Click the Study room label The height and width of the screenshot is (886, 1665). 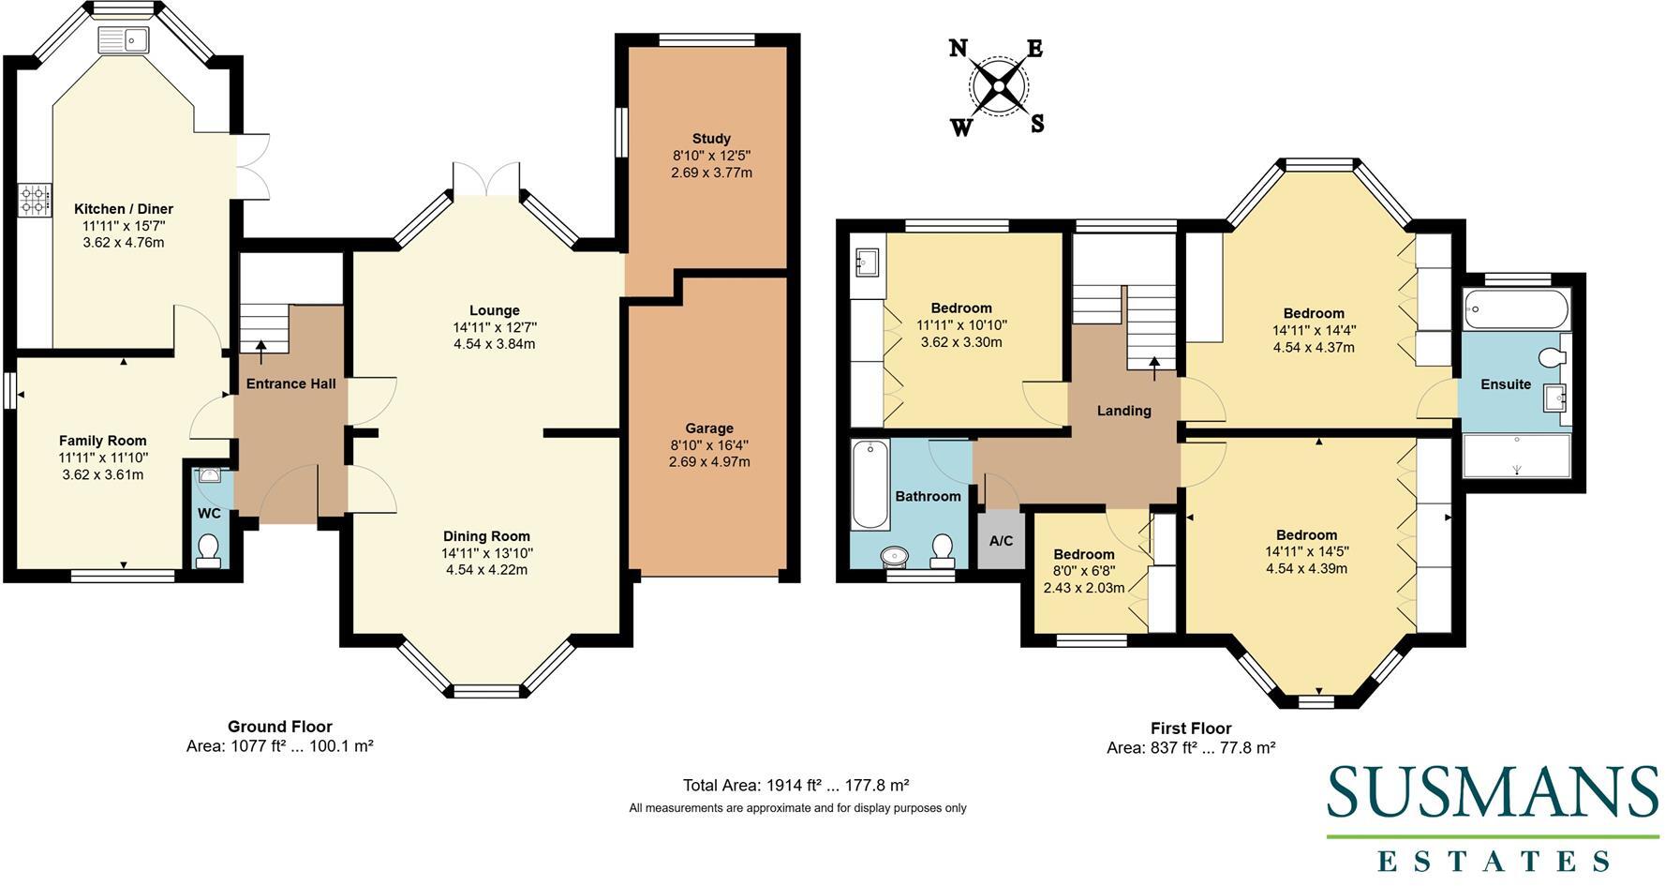(x=711, y=139)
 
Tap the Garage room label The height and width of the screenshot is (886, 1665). (x=708, y=428)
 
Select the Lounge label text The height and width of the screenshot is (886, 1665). (x=495, y=310)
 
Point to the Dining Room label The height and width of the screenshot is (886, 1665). (x=486, y=536)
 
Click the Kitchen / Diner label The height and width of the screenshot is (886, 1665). (x=124, y=209)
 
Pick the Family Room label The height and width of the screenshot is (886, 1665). (x=102, y=441)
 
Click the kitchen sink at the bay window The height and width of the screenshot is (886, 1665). (x=124, y=39)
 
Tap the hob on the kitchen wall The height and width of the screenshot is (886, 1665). (x=35, y=200)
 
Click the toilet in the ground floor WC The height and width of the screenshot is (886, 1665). (x=208, y=550)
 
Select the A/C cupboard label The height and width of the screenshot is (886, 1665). (x=1001, y=541)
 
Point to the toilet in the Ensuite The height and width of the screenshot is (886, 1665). (x=1553, y=356)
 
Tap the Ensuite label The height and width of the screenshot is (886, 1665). (x=1506, y=384)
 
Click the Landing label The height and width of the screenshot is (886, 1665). (x=1123, y=411)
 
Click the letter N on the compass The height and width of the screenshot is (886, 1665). (x=958, y=48)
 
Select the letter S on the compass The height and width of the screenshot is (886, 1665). (x=1037, y=124)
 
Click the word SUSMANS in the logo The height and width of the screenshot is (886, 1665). (x=1493, y=793)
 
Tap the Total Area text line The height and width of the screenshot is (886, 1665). (x=796, y=786)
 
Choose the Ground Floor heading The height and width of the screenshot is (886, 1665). (x=280, y=727)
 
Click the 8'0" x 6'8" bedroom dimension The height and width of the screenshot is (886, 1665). (x=1084, y=571)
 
